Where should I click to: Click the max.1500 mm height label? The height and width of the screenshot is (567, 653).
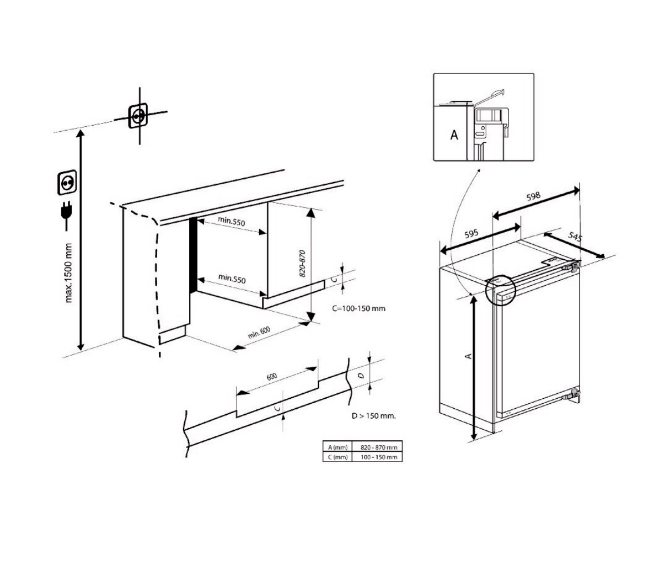pos(69,272)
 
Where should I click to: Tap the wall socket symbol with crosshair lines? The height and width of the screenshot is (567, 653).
pos(139,116)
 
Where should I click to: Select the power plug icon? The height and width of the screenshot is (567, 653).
pos(67,215)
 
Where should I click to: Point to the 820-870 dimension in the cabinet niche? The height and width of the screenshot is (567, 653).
pos(302,258)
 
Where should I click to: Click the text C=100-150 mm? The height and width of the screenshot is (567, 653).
pos(358,308)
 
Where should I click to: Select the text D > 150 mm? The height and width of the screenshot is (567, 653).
pos(373,415)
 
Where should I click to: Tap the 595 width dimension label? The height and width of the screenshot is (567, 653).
pos(470,234)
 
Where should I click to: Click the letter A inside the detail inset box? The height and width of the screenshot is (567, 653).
pos(454,135)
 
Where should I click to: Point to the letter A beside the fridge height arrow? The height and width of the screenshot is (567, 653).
pos(468,356)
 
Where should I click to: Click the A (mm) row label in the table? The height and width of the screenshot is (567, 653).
pos(336,447)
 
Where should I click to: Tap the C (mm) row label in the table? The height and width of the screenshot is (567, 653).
pos(336,457)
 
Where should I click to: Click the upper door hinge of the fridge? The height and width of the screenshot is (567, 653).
pos(574,266)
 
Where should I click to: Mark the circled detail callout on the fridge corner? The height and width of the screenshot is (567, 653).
pos(499,288)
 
